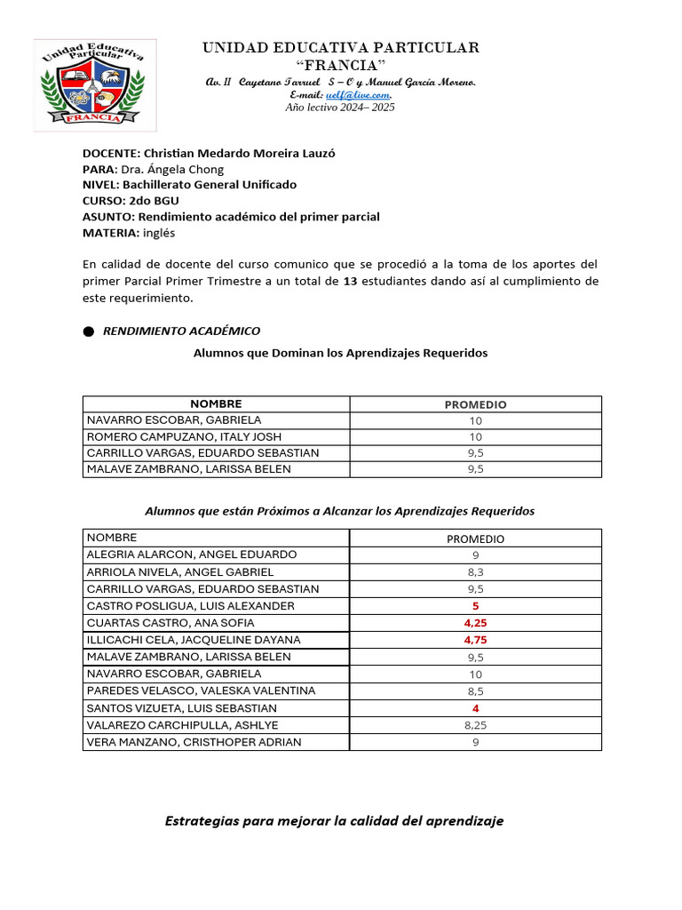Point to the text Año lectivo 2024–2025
click(x=339, y=108)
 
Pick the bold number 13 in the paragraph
click(x=350, y=281)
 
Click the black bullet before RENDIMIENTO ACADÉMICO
click(x=88, y=331)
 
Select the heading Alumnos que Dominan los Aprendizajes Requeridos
click(x=340, y=353)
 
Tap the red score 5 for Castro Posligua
click(x=475, y=606)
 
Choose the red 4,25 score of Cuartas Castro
click(x=475, y=623)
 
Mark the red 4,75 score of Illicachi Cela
click(x=475, y=640)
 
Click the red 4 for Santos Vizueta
click(x=475, y=708)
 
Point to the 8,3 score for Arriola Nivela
click(x=475, y=572)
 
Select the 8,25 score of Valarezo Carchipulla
click(x=475, y=725)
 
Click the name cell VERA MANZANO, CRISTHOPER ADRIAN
click(x=194, y=742)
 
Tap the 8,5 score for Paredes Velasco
click(x=475, y=691)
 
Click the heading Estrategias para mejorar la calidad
click(x=334, y=821)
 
